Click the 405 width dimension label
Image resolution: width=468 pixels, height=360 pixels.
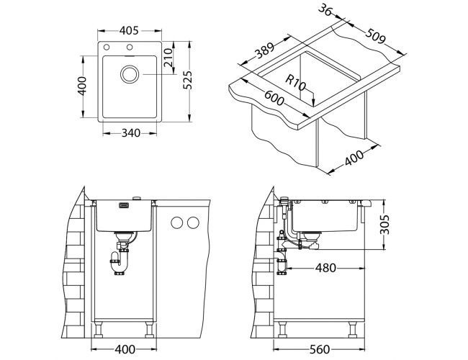[129, 31]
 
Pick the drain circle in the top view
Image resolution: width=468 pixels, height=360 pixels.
[130, 74]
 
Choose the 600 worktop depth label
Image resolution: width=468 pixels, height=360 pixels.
[274, 99]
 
